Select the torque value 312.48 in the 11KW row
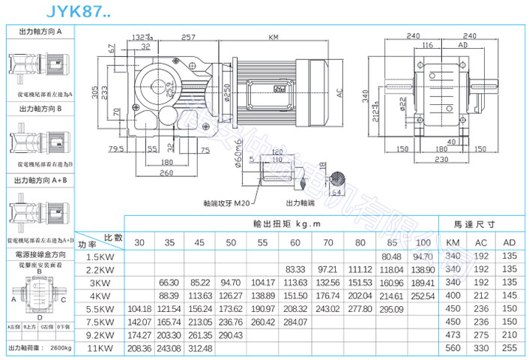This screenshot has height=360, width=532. coord(200,348)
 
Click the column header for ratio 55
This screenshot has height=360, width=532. coord(262,243)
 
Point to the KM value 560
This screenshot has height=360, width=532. coord(453,348)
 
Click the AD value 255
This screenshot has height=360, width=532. coord(510,348)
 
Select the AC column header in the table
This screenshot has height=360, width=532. coord(481,243)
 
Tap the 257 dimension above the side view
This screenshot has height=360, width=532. coord(189,36)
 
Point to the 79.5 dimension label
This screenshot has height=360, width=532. coord(115,148)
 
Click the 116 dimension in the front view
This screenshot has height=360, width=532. coord(427,46)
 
